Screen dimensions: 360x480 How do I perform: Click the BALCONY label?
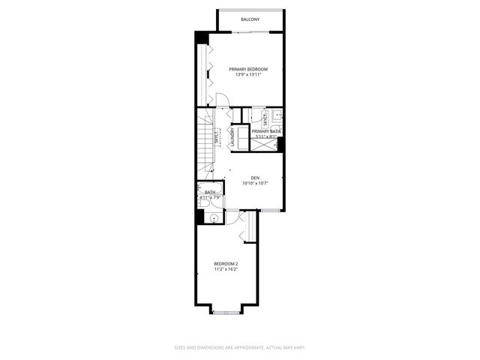coord(250,19)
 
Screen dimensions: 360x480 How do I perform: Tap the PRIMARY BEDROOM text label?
coord(248,69)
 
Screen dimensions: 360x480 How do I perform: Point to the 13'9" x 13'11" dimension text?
coord(248,75)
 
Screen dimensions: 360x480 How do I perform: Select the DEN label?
coord(255,178)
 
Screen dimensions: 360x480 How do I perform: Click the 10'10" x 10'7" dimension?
coord(255,183)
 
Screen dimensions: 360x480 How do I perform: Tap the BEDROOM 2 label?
coord(226,263)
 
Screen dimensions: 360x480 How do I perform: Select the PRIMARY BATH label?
coord(266,131)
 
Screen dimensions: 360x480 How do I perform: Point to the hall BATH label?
coord(209,193)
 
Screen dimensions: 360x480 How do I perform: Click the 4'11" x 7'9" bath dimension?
coord(209,198)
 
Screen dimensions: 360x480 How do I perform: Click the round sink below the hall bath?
coord(214,218)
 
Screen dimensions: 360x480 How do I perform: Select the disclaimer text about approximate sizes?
coord(240,347)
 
